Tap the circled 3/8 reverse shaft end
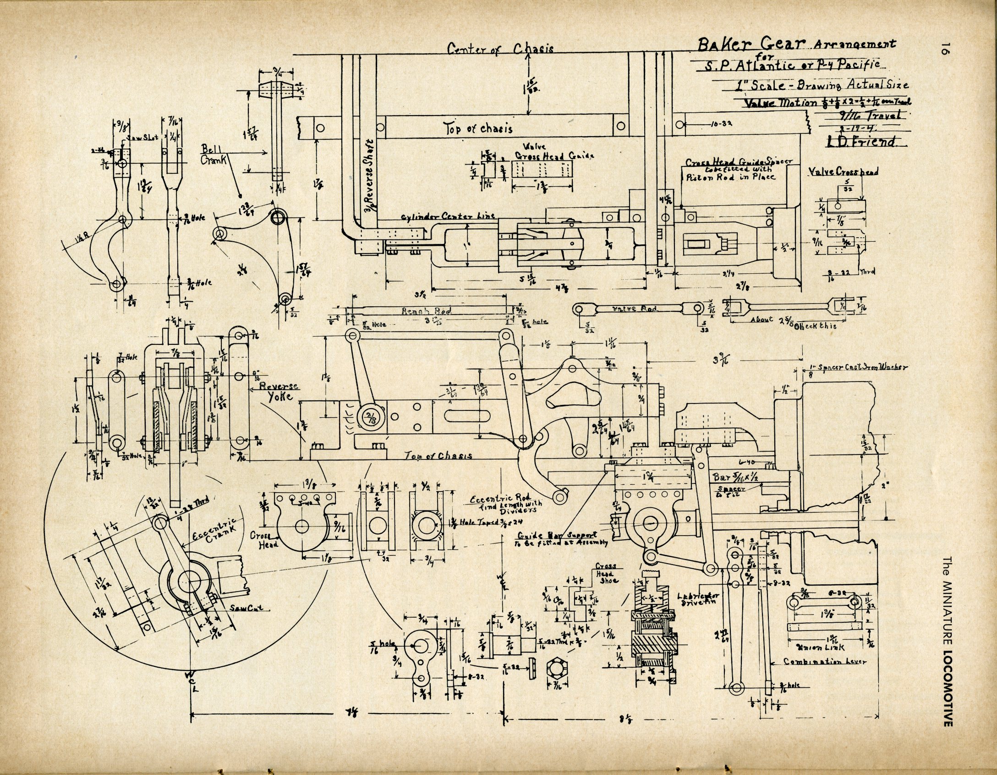[x=368, y=417]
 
